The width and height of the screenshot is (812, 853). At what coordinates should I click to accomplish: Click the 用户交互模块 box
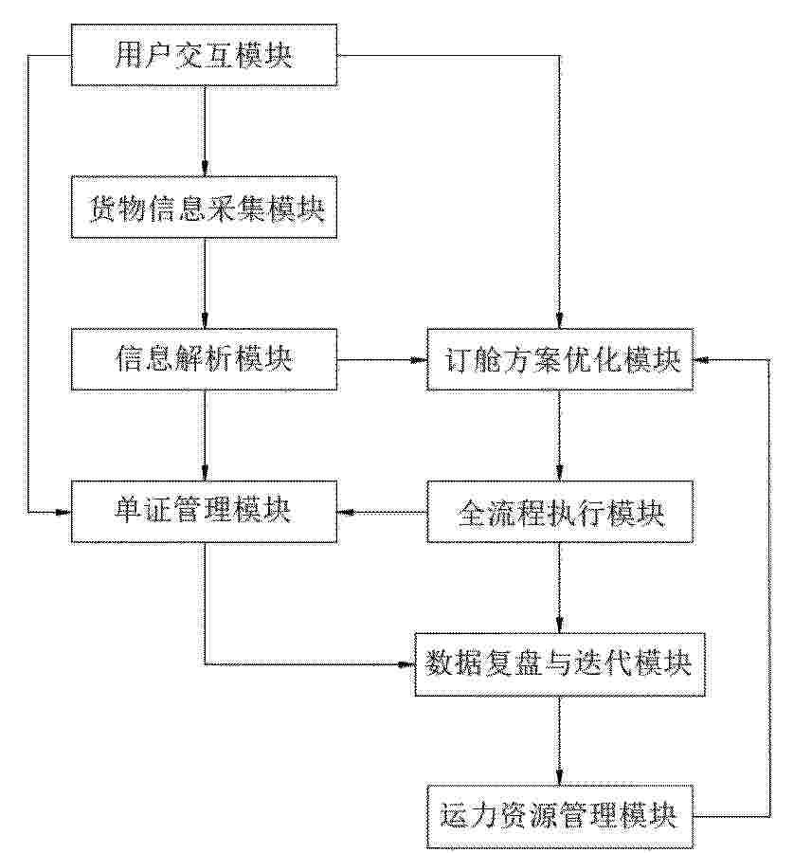[x=204, y=55]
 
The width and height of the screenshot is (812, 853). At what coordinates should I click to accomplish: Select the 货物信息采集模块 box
[x=204, y=208]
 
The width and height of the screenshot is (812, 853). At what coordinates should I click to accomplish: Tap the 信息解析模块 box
[x=204, y=359]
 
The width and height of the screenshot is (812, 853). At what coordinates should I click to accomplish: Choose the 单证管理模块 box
[x=204, y=512]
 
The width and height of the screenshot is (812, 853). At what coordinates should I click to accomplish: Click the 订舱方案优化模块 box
[x=560, y=359]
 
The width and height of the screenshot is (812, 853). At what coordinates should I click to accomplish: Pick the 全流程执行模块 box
[x=560, y=512]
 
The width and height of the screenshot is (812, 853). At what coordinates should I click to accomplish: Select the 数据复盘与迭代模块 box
[x=560, y=664]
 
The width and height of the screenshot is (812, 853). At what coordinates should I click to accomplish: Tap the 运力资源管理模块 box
[x=560, y=816]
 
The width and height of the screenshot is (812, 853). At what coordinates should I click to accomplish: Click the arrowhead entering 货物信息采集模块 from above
[x=205, y=169]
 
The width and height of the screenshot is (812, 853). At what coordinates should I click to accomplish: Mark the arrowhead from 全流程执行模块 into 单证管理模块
[x=345, y=512]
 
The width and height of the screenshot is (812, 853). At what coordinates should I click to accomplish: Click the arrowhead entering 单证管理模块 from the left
[x=63, y=512]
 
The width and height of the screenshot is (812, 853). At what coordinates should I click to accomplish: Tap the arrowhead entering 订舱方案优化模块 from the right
[x=701, y=359]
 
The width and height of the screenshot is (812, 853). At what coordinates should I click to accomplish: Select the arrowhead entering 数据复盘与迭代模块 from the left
[x=407, y=664]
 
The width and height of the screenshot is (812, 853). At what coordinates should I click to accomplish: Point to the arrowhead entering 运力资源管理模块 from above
[x=560, y=777]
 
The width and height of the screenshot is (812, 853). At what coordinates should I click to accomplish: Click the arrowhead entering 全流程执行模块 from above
[x=560, y=473]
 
